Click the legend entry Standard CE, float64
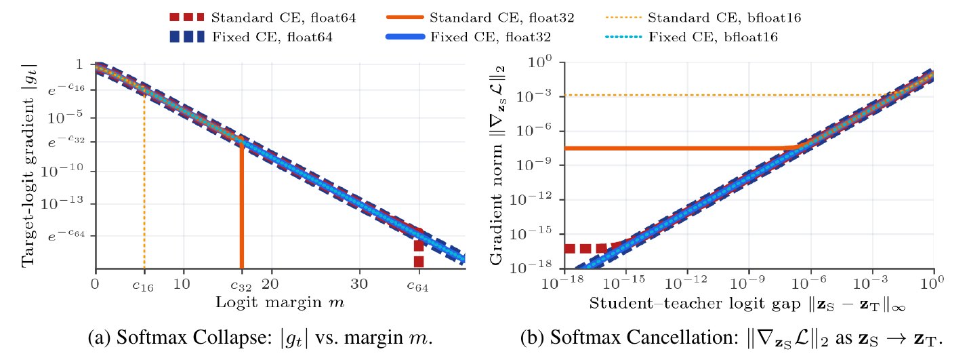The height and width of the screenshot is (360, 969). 263,18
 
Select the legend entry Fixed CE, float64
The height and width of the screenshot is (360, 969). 251,37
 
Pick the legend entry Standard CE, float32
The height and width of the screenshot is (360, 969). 480,18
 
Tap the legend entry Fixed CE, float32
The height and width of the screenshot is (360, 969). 468,37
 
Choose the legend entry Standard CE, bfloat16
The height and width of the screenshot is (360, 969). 703,18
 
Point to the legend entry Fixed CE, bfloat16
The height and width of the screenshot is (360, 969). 691,37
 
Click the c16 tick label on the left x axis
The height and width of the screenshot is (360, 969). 143,285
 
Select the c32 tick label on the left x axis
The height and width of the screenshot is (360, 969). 241,285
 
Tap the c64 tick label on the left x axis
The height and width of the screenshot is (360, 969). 418,285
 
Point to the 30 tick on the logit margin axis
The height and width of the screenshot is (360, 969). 359,284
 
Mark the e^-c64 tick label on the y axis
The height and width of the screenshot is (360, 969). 66,235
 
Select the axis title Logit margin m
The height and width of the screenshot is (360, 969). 281,302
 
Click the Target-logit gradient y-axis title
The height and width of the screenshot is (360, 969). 28,165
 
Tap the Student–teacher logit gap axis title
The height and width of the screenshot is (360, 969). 747,304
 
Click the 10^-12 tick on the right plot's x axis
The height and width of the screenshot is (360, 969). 686,282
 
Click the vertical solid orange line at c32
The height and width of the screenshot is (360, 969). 241,203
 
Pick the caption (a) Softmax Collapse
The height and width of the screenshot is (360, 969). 260,338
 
